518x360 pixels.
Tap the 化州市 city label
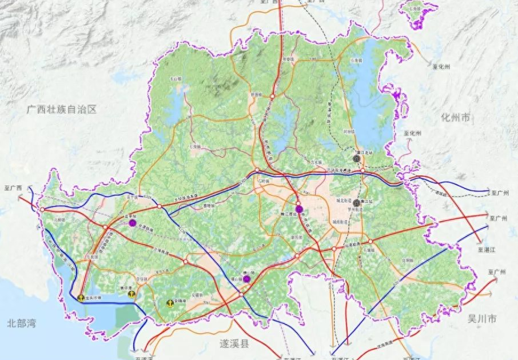pyautogui.click(x=456, y=118)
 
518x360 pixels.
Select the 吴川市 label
pyautogui.click(x=481, y=318)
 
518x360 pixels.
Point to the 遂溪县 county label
pyautogui.click(x=236, y=344)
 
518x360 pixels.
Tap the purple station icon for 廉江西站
pyautogui.click(x=299, y=208)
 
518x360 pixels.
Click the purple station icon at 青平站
pyautogui.click(x=132, y=223)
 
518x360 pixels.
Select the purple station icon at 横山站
pyautogui.click(x=246, y=279)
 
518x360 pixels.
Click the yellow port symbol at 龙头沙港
pyautogui.click(x=81, y=298)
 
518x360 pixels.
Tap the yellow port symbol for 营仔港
pyautogui.click(x=131, y=294)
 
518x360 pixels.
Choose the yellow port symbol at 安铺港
pyautogui.click(x=170, y=303)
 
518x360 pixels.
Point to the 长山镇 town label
pyautogui.click(x=172, y=79)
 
